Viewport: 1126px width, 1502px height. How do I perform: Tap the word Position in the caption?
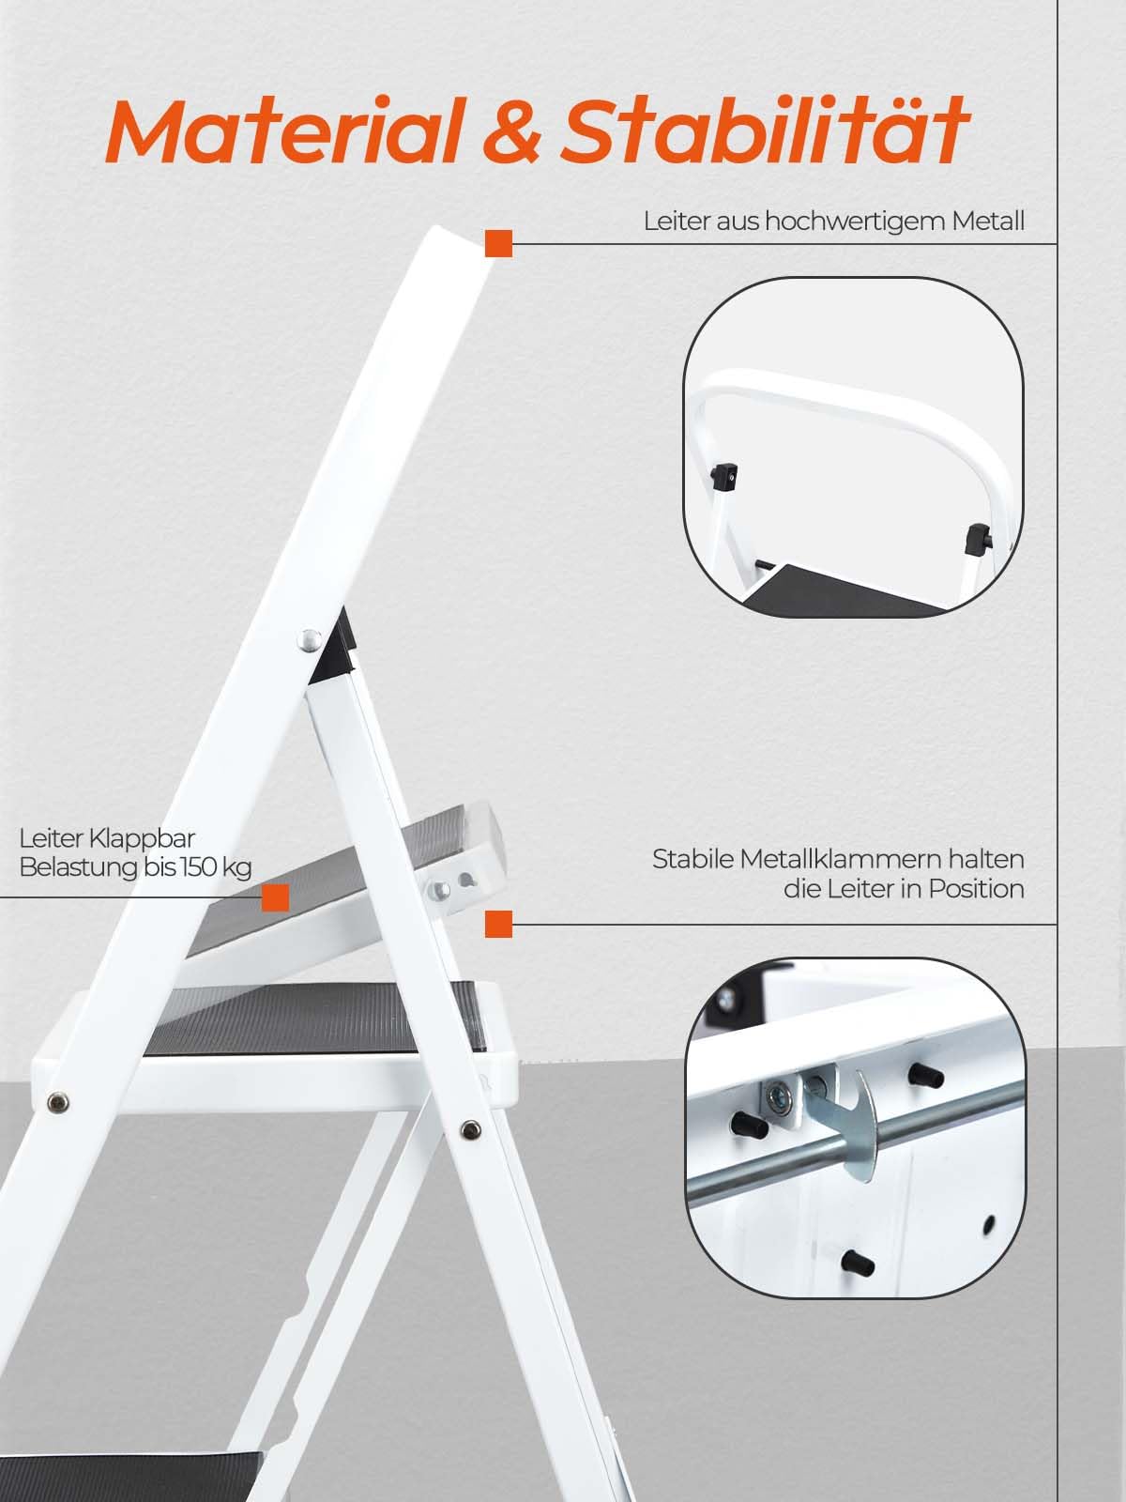(976, 889)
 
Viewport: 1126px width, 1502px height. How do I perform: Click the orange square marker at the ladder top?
(499, 243)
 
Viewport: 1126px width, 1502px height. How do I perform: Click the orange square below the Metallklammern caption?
(499, 924)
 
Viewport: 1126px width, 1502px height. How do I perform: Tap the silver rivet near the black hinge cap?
(306, 639)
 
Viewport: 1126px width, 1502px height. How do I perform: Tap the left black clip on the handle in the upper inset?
(724, 475)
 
